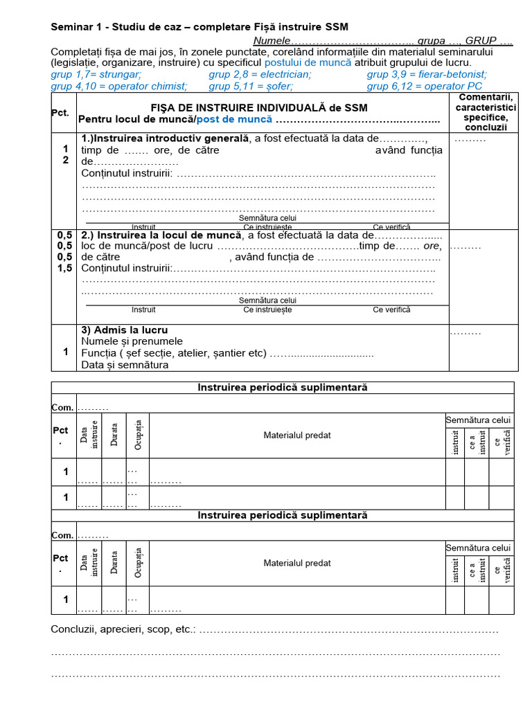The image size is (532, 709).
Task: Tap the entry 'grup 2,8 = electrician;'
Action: pos(260,75)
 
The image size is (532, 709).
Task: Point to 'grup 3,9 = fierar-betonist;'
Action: pos(427,75)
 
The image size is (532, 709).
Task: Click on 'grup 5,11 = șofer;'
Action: pos(250,87)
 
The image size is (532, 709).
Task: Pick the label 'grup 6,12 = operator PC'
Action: pos(425,87)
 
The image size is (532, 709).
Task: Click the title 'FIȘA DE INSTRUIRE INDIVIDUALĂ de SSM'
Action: pos(259,108)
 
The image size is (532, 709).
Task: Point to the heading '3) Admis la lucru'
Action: pos(125,330)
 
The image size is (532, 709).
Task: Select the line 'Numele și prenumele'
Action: pos(132,341)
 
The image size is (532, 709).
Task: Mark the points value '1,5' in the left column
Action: pos(65,269)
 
